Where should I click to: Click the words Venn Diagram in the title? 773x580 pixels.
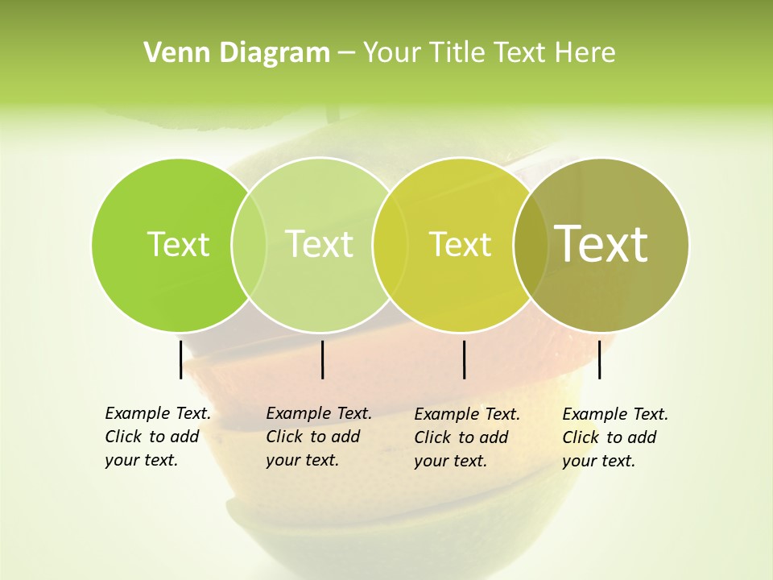click(237, 53)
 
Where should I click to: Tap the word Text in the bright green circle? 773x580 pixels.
click(178, 244)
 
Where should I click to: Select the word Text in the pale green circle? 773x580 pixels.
click(320, 244)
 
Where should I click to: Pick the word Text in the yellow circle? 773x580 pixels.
click(460, 244)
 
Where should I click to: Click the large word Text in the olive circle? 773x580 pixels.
click(601, 243)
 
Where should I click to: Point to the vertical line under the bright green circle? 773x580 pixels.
click(180, 359)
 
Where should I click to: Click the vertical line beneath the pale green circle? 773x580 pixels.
click(322, 359)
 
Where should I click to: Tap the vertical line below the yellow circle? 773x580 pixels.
click(465, 359)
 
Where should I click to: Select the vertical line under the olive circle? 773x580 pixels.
click(600, 359)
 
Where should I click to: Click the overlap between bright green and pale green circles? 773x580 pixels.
click(249, 244)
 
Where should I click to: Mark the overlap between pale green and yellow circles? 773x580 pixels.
click(389, 244)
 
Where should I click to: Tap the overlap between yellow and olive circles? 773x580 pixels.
click(530, 244)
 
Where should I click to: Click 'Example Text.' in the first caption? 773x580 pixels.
click(158, 413)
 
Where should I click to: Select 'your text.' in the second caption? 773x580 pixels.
click(302, 460)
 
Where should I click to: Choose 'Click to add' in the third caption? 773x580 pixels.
click(461, 437)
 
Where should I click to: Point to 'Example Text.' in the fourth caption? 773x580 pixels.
click(615, 414)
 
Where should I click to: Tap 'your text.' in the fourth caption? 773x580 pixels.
click(598, 461)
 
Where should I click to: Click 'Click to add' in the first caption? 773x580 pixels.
click(152, 437)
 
